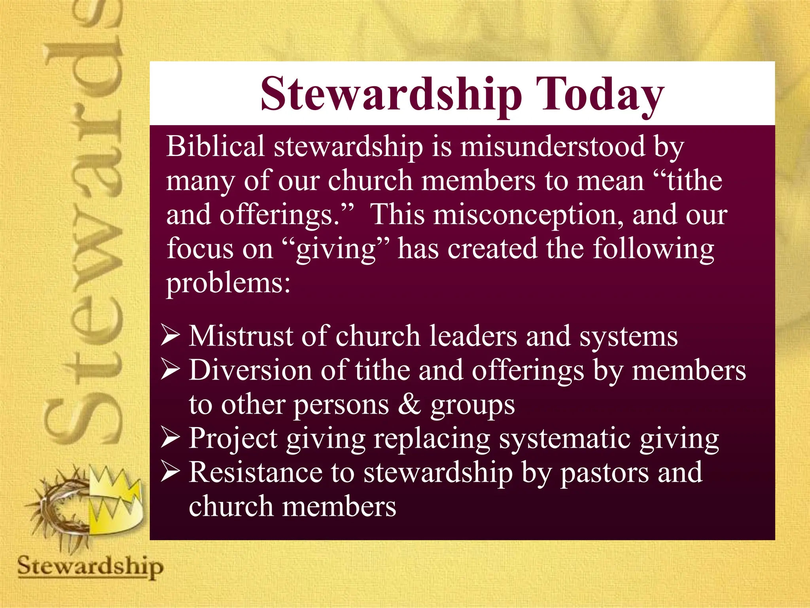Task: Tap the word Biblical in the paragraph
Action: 215,146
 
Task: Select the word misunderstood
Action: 553,146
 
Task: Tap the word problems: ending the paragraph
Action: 228,283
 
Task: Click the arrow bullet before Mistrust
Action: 170,336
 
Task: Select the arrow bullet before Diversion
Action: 170,370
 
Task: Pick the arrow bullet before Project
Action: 170,439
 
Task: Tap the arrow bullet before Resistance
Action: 170,473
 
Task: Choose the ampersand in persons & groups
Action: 409,405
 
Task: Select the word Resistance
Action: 255,473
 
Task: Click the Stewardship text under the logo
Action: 90,566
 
